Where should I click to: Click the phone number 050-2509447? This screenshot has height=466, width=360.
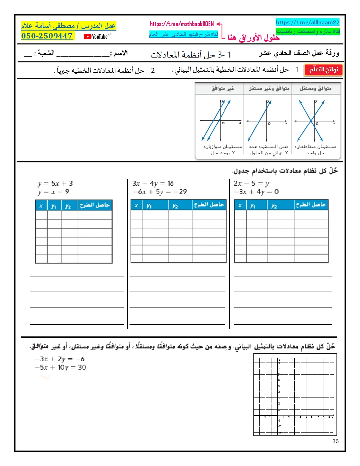[x=47, y=36]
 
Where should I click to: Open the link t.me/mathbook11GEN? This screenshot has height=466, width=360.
[x=182, y=24]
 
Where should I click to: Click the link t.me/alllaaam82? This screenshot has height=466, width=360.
[x=307, y=23]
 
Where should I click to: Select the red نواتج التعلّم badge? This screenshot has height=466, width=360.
[x=323, y=70]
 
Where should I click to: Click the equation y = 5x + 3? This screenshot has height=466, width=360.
[x=55, y=184]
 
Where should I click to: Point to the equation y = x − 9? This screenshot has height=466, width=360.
[x=54, y=192]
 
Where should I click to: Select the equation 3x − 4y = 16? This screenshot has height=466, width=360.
[x=153, y=184]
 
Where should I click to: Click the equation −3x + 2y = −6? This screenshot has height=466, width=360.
[x=60, y=359]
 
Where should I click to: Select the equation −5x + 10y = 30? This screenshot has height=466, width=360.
[x=60, y=368]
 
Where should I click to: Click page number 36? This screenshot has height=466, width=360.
[x=335, y=441]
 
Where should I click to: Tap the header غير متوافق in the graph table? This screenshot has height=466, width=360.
[x=223, y=89]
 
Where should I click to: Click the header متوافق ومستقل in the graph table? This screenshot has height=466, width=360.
[x=316, y=89]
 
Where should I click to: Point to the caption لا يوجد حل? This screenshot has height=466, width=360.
[x=223, y=153]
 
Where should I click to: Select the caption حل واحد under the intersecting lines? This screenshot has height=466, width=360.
[x=315, y=153]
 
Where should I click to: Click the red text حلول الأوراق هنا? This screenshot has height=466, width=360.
[x=253, y=37]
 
